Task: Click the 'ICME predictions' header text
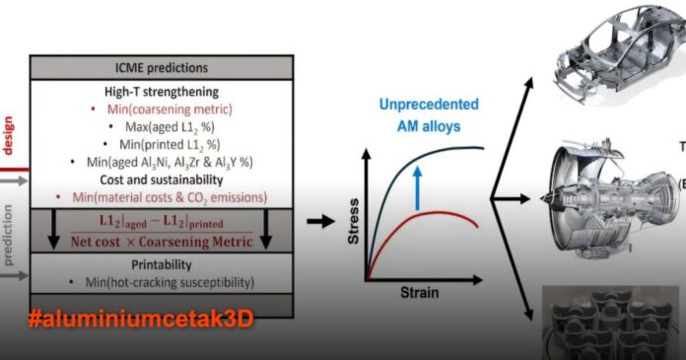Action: coord(161,68)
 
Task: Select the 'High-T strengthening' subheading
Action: coord(161,90)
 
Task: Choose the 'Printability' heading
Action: coord(161,264)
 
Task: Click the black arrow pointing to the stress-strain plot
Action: coord(320,220)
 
